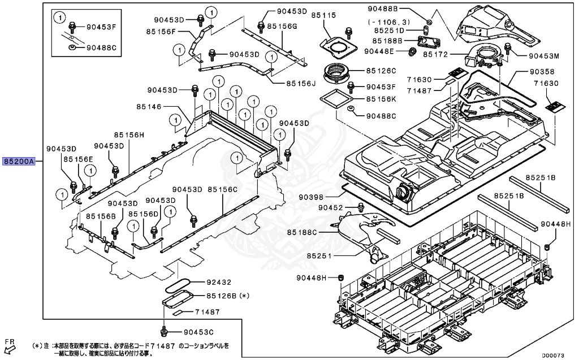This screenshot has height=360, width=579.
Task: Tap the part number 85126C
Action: coord(381,71)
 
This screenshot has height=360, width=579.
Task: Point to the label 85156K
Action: coord(381,98)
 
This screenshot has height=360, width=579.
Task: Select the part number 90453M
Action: coord(544,57)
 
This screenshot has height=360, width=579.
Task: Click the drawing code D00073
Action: coord(552,355)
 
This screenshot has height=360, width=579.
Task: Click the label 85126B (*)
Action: coord(227,295)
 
